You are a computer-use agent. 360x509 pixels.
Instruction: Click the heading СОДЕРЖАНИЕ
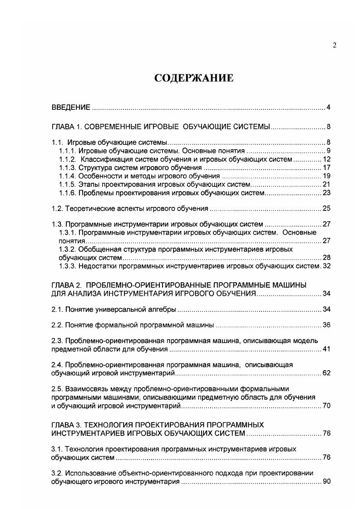194,78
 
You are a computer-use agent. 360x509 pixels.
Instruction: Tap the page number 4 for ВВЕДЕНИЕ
328,108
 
